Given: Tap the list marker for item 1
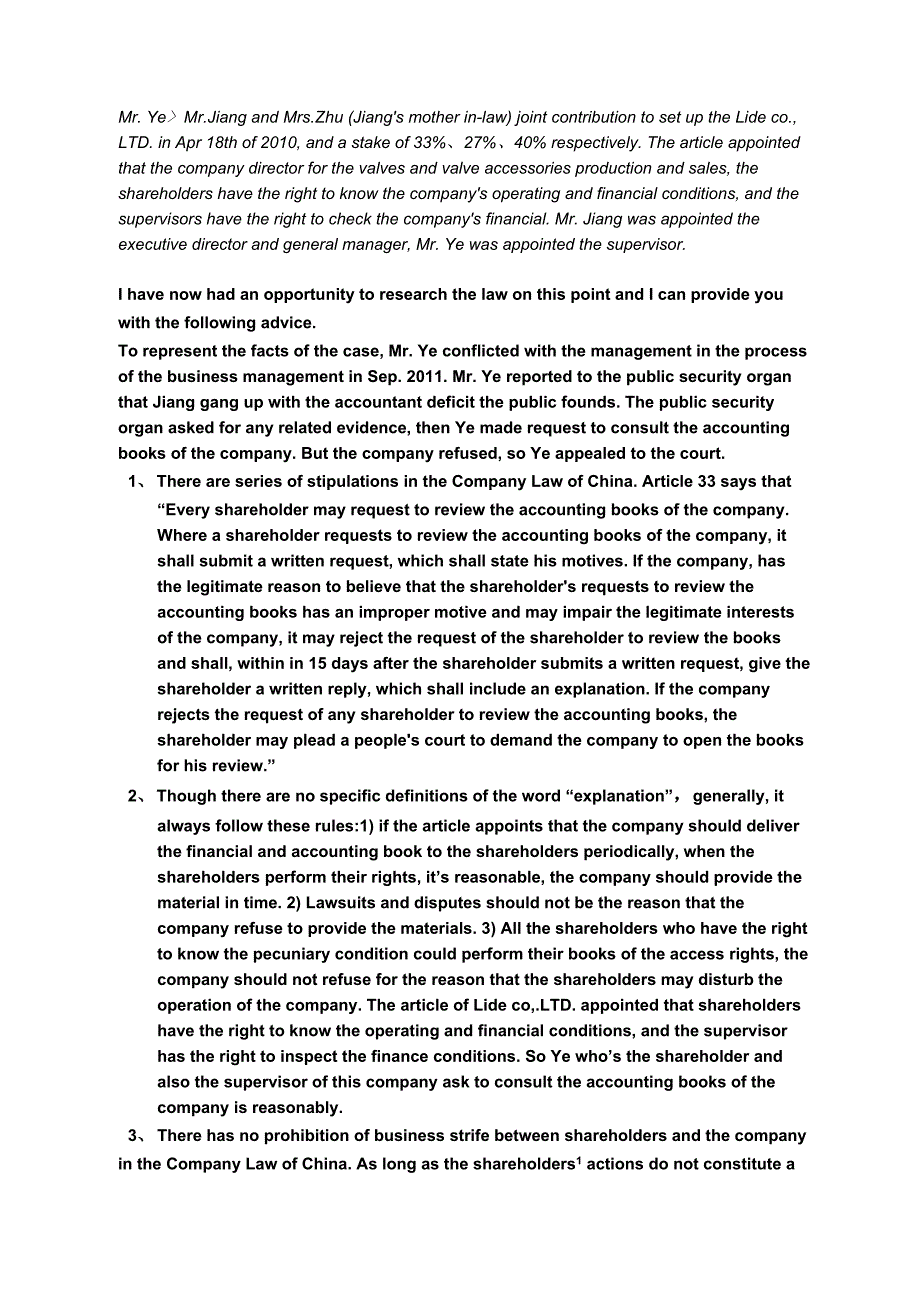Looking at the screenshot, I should coord(136,482).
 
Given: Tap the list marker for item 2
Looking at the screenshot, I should coord(136,797).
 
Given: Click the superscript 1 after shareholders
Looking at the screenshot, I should coord(579,1160).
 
